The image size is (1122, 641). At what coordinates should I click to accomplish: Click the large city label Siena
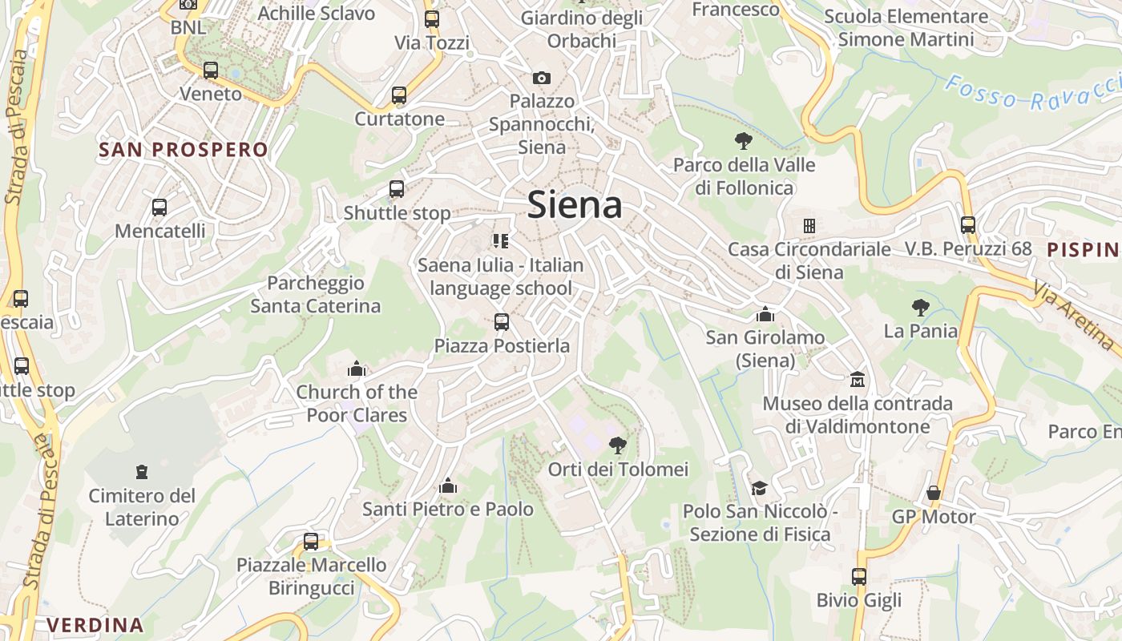[575, 205]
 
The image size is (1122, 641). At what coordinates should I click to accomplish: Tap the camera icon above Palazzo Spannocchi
[542, 78]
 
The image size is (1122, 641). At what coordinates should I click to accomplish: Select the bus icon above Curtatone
[399, 95]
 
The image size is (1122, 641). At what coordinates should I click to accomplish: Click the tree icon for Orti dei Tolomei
[617, 445]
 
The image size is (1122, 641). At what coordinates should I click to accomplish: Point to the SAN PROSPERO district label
[183, 150]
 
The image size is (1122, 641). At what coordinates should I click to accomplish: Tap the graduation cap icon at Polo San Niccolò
[759, 487]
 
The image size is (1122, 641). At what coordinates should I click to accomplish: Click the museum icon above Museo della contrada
[858, 379]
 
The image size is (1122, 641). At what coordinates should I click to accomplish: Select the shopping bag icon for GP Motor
[934, 493]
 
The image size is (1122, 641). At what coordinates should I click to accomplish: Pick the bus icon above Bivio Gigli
[859, 576]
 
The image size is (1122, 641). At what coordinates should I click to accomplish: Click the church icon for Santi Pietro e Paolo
[448, 486]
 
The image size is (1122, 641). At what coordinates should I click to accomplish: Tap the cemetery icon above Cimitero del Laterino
[142, 471]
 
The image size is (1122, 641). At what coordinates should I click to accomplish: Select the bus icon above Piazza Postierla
[502, 322]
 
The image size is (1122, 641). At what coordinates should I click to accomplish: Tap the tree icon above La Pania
[920, 307]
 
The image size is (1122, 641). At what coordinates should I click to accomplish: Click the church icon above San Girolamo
[765, 314]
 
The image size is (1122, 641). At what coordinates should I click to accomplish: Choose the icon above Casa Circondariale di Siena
[809, 226]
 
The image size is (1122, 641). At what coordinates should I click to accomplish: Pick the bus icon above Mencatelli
[159, 208]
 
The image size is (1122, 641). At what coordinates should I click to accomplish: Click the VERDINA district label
[95, 625]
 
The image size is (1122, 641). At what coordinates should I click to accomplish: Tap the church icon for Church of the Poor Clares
[357, 369]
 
